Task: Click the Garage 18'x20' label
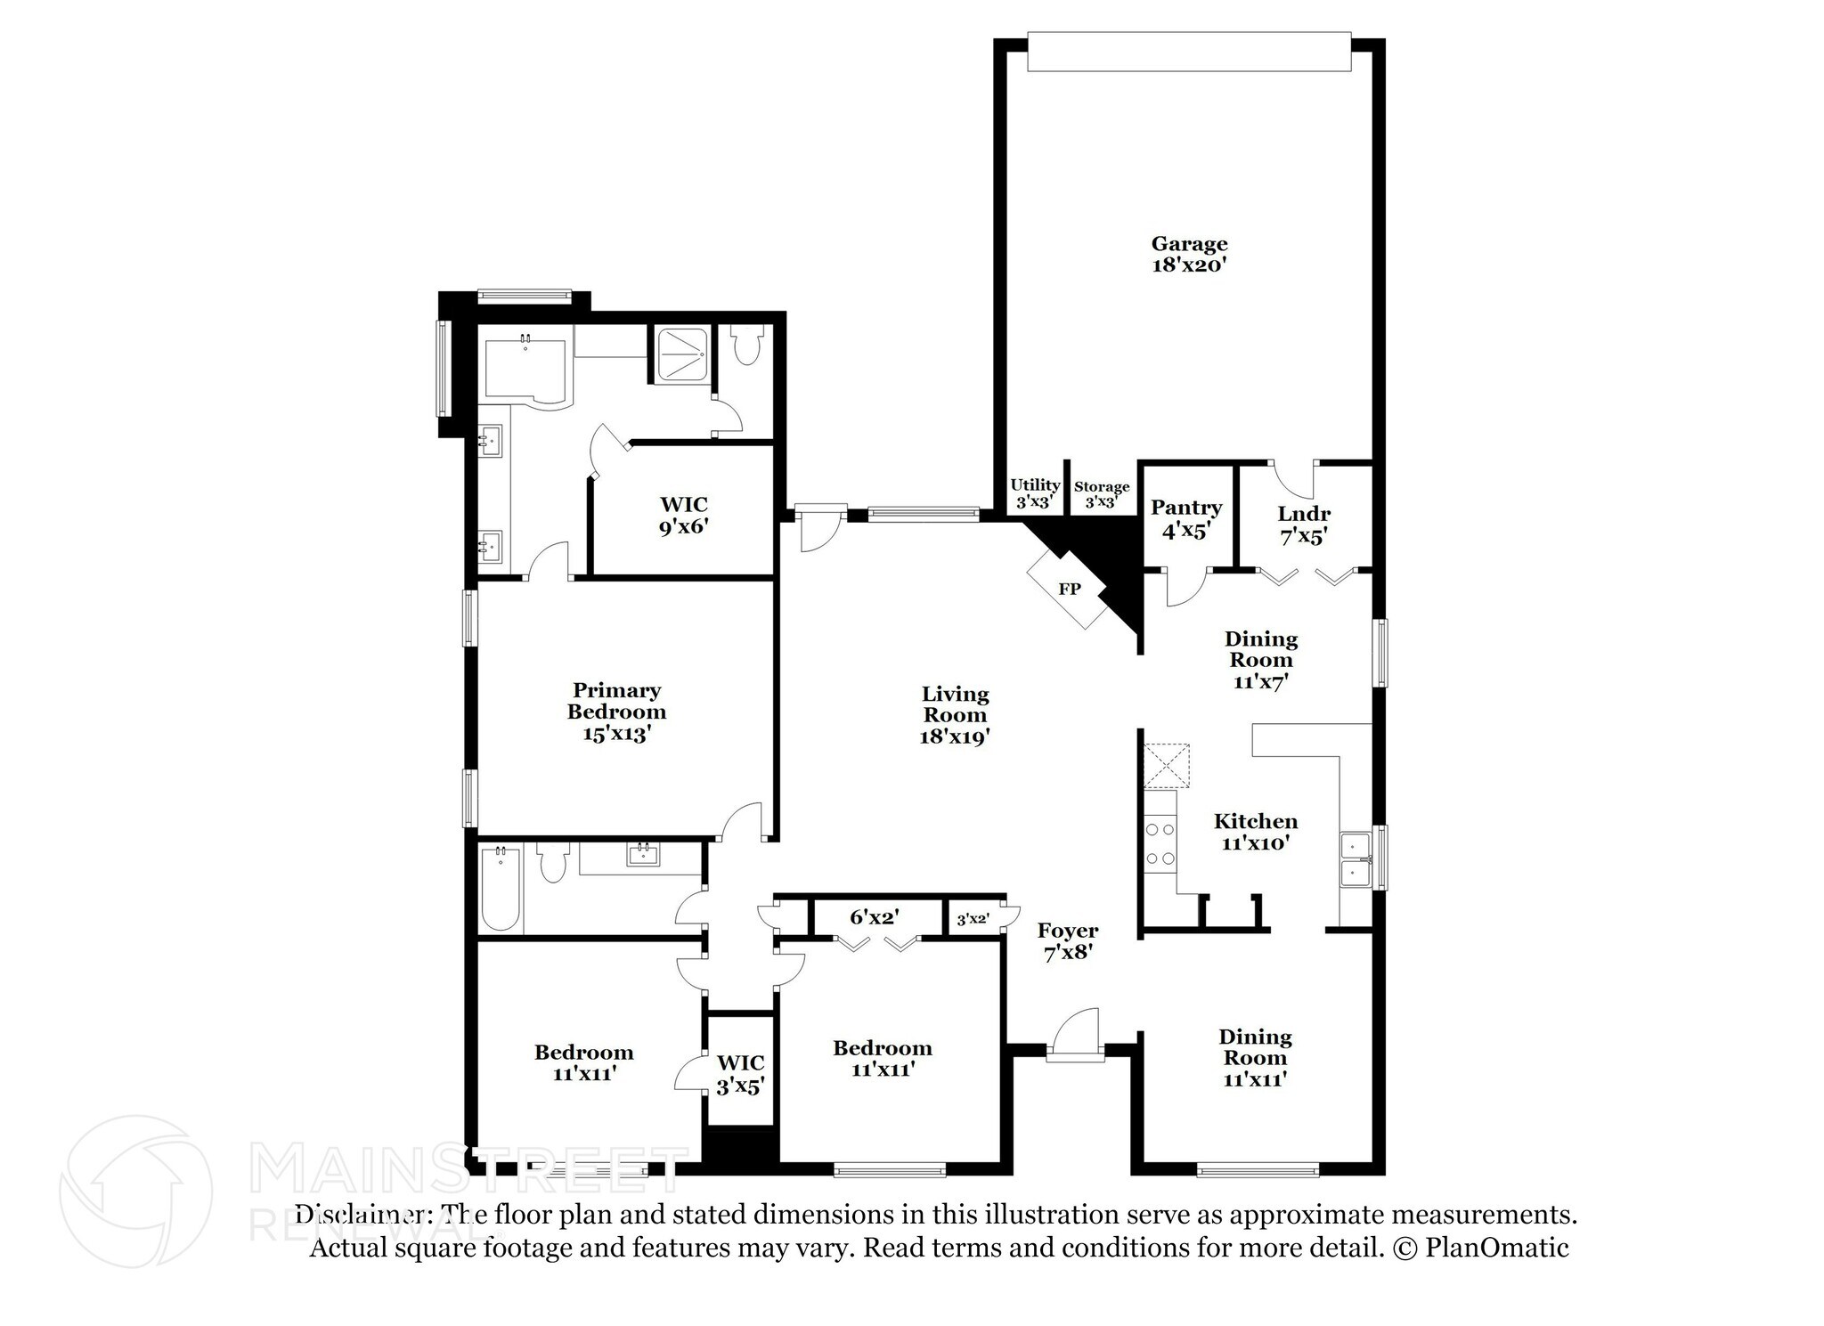click(1189, 254)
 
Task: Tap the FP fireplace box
click(1068, 590)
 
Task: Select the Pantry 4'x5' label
click(1185, 519)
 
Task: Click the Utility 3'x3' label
click(1034, 492)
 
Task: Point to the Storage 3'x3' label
click(1101, 493)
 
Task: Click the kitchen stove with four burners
click(1160, 844)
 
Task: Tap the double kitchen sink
click(1356, 858)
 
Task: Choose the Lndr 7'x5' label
click(1303, 525)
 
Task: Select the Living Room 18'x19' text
click(955, 715)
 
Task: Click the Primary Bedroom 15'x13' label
click(616, 712)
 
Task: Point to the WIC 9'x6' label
click(683, 516)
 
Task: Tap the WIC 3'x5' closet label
click(740, 1074)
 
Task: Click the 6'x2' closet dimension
click(874, 916)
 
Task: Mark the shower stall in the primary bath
click(682, 354)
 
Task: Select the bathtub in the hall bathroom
click(501, 889)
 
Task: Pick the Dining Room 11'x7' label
click(1260, 660)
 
